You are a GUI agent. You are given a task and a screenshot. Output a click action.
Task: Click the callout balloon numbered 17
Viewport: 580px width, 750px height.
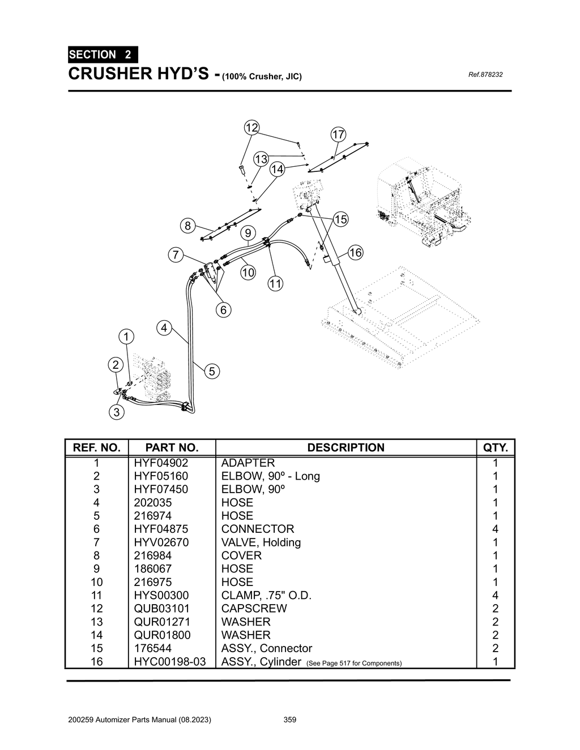pos(338,135)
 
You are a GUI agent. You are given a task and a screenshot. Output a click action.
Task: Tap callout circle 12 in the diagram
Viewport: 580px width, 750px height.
pos(251,127)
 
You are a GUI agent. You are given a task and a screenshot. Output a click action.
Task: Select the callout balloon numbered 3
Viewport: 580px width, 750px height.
pos(117,412)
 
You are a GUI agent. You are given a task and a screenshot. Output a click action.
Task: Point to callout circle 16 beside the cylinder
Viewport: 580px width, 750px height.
pos(355,253)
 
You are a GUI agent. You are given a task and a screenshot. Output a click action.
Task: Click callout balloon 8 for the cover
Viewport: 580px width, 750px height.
pos(187,226)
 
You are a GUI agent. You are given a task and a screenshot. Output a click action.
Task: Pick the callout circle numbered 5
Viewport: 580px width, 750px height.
pos(211,372)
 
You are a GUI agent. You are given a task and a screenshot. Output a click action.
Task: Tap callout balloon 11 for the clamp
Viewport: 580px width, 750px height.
pos(275,284)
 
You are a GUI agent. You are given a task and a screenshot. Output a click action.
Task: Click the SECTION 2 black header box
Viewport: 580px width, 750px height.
pos(103,55)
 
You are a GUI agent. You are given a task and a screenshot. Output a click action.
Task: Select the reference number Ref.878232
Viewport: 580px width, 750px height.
pos(485,75)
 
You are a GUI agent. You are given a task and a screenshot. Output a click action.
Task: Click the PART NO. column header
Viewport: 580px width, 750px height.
pos(172,447)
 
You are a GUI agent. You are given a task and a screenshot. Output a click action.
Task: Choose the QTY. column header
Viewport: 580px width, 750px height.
pos(496,447)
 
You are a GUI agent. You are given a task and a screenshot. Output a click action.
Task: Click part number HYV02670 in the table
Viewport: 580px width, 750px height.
pos(161,542)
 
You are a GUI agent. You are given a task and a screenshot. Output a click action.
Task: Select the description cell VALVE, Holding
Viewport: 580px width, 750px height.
pos(261,542)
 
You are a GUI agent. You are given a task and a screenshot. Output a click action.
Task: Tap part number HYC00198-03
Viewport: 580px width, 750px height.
pos(169,661)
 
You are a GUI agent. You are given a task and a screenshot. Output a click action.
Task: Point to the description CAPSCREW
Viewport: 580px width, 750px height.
pos(254,609)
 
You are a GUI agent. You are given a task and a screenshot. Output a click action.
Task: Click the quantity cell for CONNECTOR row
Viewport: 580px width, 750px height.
pos(496,529)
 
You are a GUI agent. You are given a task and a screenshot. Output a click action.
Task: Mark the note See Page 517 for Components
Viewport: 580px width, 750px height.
pos(353,663)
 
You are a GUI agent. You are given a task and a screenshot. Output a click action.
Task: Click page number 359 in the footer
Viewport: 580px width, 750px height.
pos(289,720)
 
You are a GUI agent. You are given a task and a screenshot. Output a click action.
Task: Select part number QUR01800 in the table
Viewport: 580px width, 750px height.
pos(162,635)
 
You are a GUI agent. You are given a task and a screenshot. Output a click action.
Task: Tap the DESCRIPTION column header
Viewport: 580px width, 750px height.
pos(346,447)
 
